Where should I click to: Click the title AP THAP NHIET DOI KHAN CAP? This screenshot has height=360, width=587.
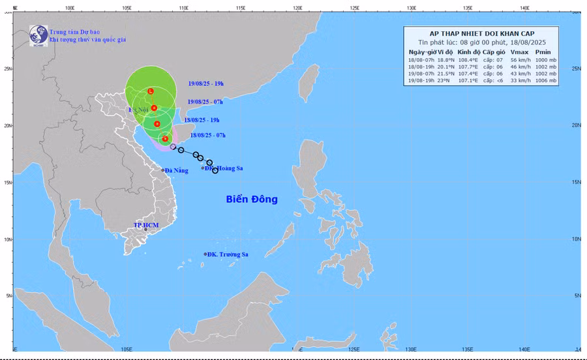(481, 33)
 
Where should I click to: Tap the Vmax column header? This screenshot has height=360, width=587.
(520, 52)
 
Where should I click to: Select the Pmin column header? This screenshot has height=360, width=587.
(543, 52)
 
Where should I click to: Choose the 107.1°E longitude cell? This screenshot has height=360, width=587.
(468, 81)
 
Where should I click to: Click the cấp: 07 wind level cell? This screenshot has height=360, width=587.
(494, 59)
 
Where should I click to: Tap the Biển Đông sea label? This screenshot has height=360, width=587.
(252, 199)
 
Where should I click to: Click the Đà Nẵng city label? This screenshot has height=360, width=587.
(176, 170)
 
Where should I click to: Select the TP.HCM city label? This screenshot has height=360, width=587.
(146, 225)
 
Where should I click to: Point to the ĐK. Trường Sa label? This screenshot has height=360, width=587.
(229, 254)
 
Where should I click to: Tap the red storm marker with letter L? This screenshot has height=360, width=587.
(151, 91)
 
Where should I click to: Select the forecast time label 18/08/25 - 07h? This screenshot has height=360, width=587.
(207, 135)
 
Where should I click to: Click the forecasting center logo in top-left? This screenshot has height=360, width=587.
(38, 35)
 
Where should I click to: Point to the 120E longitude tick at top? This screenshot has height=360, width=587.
(297, 8)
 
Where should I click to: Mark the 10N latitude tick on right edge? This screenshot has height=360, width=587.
(575, 239)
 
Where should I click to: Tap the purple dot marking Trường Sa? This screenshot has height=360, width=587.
(205, 254)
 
